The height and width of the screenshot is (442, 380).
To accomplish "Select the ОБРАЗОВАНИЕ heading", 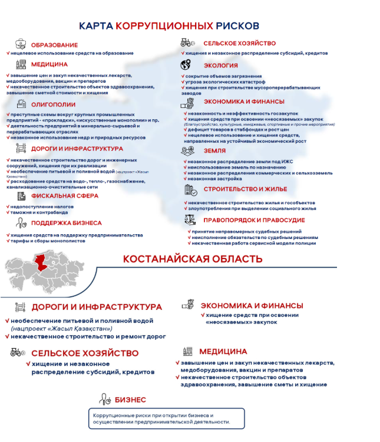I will click(x=54, y=45).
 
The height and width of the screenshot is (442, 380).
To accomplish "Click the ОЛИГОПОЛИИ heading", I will click(x=53, y=104).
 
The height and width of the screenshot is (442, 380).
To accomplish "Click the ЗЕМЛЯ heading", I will click(x=214, y=150).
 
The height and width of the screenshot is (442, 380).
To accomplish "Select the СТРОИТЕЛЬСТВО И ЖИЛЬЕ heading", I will click(x=245, y=189).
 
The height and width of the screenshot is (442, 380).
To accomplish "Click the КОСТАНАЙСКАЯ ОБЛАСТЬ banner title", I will click(x=193, y=259).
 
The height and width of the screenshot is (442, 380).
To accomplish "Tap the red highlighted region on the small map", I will click(x=44, y=263).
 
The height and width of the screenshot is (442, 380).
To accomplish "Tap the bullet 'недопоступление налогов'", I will click(x=41, y=207).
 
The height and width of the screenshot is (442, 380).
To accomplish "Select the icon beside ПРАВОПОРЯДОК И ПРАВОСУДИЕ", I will click(x=190, y=220).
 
